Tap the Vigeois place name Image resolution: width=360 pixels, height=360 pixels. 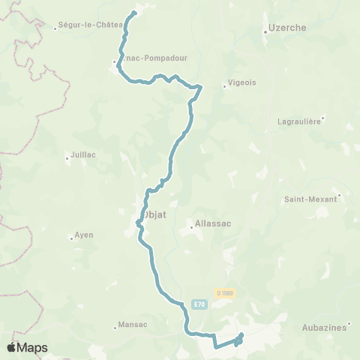point(241,85)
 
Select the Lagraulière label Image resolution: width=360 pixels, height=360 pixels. point(299,120)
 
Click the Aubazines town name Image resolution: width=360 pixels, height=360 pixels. point(325,328)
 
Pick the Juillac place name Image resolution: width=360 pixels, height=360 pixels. point(82,155)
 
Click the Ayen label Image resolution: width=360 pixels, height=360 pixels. point(84,235)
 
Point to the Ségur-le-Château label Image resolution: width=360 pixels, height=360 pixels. point(90,25)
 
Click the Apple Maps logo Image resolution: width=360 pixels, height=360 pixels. point(27,347)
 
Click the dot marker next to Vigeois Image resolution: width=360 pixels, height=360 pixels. point(225,85)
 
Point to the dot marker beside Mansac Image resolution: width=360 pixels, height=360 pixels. point(115,325)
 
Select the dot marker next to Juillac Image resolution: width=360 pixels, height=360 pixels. point(67,155)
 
